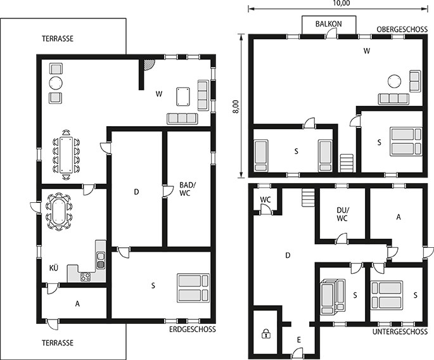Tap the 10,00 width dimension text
[x=341, y=3]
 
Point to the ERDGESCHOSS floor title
[x=193, y=329]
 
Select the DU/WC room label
[x=343, y=215]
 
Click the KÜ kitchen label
[x=54, y=268]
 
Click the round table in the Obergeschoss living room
[x=395, y=81]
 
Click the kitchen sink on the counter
[x=100, y=259]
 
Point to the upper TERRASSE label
[x=58, y=39]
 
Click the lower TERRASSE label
[x=58, y=342]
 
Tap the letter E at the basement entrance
[x=298, y=340]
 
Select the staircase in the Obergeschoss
[x=347, y=162]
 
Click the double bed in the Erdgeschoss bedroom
[x=193, y=287]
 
